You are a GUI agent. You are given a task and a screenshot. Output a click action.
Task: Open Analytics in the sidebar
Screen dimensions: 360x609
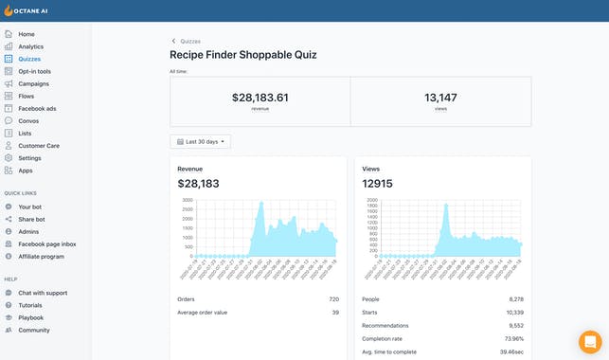30,46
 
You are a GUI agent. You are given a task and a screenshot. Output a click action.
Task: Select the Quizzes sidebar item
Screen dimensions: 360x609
28,59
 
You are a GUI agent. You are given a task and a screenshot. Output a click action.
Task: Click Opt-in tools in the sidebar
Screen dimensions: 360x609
34,71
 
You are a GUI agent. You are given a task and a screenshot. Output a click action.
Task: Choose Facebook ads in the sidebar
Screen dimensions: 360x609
37,108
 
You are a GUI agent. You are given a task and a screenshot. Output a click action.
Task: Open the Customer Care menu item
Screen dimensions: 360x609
39,146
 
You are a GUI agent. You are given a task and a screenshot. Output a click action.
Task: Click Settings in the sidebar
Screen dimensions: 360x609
29,158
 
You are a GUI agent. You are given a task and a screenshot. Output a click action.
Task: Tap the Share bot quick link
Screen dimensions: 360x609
32,219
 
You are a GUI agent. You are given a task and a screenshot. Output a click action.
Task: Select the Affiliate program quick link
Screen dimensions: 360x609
41,256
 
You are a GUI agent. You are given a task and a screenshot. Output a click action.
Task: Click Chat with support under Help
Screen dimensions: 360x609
43,293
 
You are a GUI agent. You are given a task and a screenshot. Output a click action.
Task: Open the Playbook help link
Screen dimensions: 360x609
31,317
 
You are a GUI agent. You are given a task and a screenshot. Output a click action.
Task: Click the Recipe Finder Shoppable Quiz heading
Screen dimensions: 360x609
243,55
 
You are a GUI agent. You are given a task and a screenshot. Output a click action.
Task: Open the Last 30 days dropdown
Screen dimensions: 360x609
200,141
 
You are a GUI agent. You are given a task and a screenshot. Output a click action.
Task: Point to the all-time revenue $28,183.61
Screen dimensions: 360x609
260,98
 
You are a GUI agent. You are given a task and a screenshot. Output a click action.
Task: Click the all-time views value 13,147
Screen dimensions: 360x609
440,98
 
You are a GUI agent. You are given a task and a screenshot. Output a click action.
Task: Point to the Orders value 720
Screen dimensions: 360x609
333,299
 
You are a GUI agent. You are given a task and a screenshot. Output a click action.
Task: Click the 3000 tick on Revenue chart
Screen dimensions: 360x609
188,201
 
